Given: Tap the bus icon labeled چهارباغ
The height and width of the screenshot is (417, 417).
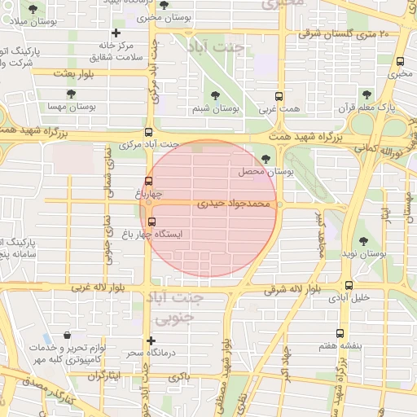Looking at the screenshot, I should click(148, 182).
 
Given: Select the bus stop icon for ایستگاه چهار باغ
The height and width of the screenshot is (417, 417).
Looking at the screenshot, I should click(151, 221).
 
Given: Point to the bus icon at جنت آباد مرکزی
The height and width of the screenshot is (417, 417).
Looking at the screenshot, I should click(147, 132).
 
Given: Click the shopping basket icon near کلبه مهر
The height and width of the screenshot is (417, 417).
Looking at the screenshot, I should click(66, 336).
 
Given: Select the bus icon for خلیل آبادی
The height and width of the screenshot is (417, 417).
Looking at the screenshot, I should click(349, 285).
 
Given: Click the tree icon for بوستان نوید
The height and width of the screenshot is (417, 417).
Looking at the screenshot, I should click(362, 241).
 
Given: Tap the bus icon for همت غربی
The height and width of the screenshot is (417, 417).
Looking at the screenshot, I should click(279, 95).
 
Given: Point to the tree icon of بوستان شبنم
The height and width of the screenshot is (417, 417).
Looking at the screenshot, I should click(222, 94).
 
